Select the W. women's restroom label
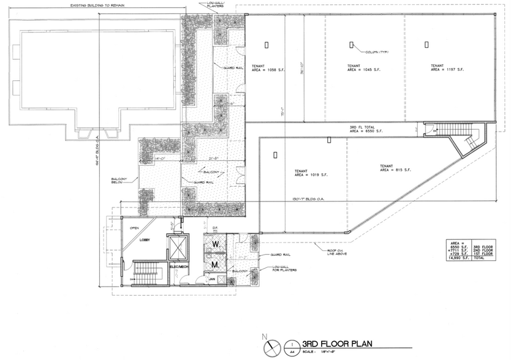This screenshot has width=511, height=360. point(216,245)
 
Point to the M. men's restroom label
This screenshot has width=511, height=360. point(216,265)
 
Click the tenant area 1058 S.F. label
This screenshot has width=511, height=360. point(266,67)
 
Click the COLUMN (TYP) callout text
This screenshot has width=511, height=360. point(375,51)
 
